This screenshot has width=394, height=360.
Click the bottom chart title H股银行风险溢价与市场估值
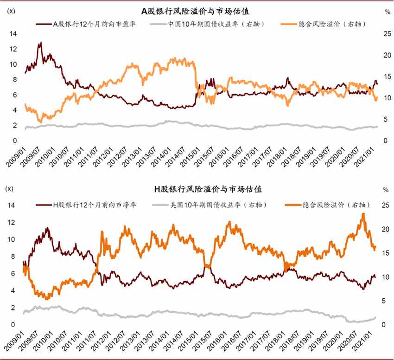(x=202, y=189)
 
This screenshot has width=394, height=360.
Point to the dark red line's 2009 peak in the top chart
(x=41, y=43)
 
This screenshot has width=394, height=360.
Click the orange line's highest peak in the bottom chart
(x=363, y=213)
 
